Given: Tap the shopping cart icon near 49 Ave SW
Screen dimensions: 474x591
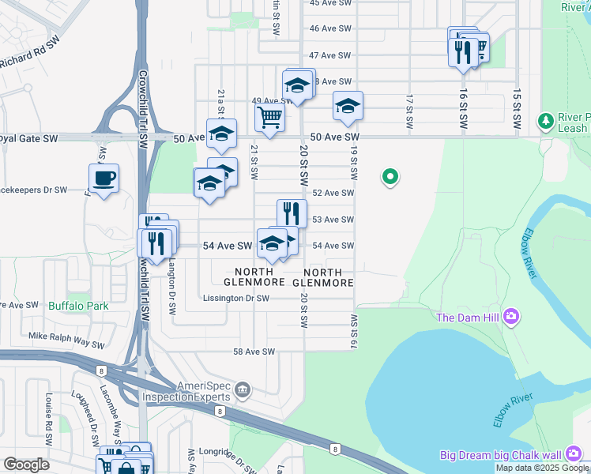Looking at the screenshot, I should (269, 118).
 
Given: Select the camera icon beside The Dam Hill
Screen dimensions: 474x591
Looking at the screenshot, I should (511, 318).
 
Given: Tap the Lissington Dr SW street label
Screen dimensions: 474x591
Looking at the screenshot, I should (236, 299).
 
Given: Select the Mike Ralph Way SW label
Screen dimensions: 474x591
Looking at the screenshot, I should (67, 340).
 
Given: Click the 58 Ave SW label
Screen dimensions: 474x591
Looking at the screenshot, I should (254, 352).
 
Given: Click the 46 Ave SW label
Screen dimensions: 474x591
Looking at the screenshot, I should (330, 28).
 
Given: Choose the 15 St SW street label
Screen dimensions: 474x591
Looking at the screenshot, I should (517, 109).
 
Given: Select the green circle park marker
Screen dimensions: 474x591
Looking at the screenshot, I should (389, 178).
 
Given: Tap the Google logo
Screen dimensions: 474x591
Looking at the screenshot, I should (27, 464).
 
